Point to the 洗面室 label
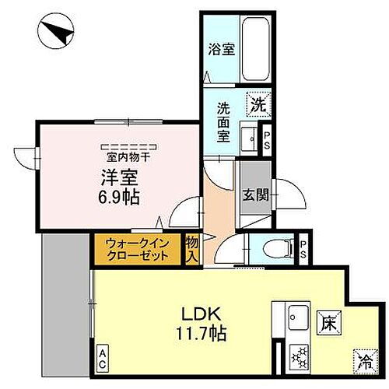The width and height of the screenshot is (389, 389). [x=223, y=121]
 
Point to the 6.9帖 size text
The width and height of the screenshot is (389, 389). [x=119, y=197]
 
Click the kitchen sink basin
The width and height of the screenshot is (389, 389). [x=297, y=317]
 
